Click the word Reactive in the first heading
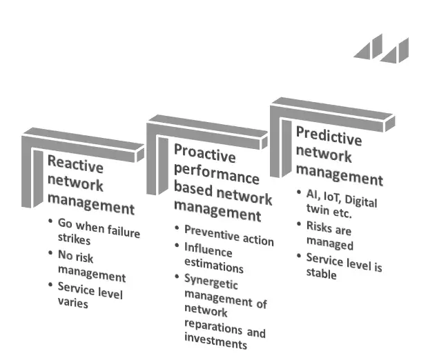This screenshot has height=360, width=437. pos(75,164)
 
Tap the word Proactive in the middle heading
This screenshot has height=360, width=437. pos(205,153)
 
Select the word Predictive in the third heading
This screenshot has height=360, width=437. pos(329,136)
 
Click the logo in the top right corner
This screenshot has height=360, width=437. pos(381,48)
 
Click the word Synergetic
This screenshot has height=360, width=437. pos(211,282)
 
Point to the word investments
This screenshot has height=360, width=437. pos(215,341)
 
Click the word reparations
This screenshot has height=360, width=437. pos(213,326)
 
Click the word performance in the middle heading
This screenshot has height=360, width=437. pos(217,173)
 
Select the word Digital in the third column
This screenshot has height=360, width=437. pos(361,201)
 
